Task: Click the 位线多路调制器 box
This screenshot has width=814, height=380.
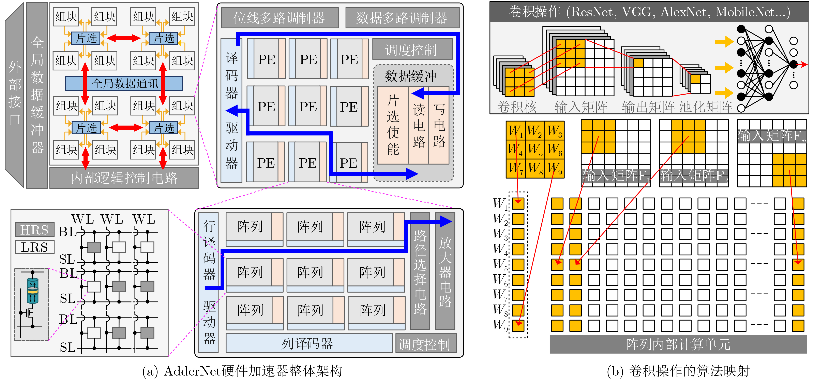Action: (x=279, y=18)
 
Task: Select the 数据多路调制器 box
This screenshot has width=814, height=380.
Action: (x=402, y=18)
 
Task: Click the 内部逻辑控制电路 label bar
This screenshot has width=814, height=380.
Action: (x=124, y=178)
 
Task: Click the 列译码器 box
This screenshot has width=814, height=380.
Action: (x=309, y=343)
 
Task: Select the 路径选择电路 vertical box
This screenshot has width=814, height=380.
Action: (x=420, y=271)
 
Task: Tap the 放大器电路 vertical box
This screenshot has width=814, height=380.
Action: (x=445, y=271)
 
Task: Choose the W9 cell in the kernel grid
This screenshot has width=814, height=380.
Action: (x=555, y=168)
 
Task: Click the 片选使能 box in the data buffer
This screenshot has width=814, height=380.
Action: (x=393, y=125)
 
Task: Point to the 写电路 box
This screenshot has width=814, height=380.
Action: (x=439, y=125)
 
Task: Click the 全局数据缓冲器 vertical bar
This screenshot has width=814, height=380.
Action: (x=37, y=95)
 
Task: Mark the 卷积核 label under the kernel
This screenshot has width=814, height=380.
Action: (x=517, y=107)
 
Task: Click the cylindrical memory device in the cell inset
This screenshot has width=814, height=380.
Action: (x=33, y=291)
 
